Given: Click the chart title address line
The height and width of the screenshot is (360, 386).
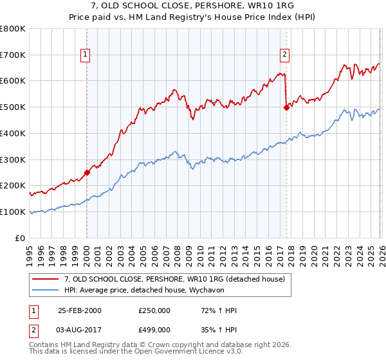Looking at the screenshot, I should tap(192, 6).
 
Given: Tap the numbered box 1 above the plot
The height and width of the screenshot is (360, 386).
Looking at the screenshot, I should tap(86, 55).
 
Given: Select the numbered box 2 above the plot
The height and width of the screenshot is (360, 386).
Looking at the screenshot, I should tap(284, 55).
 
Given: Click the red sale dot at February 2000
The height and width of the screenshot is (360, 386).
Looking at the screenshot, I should tap(87, 172).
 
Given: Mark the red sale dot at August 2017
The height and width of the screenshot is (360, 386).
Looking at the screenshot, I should tap(286, 107).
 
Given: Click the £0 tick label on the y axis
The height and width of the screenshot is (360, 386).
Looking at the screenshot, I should tap(21, 238).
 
